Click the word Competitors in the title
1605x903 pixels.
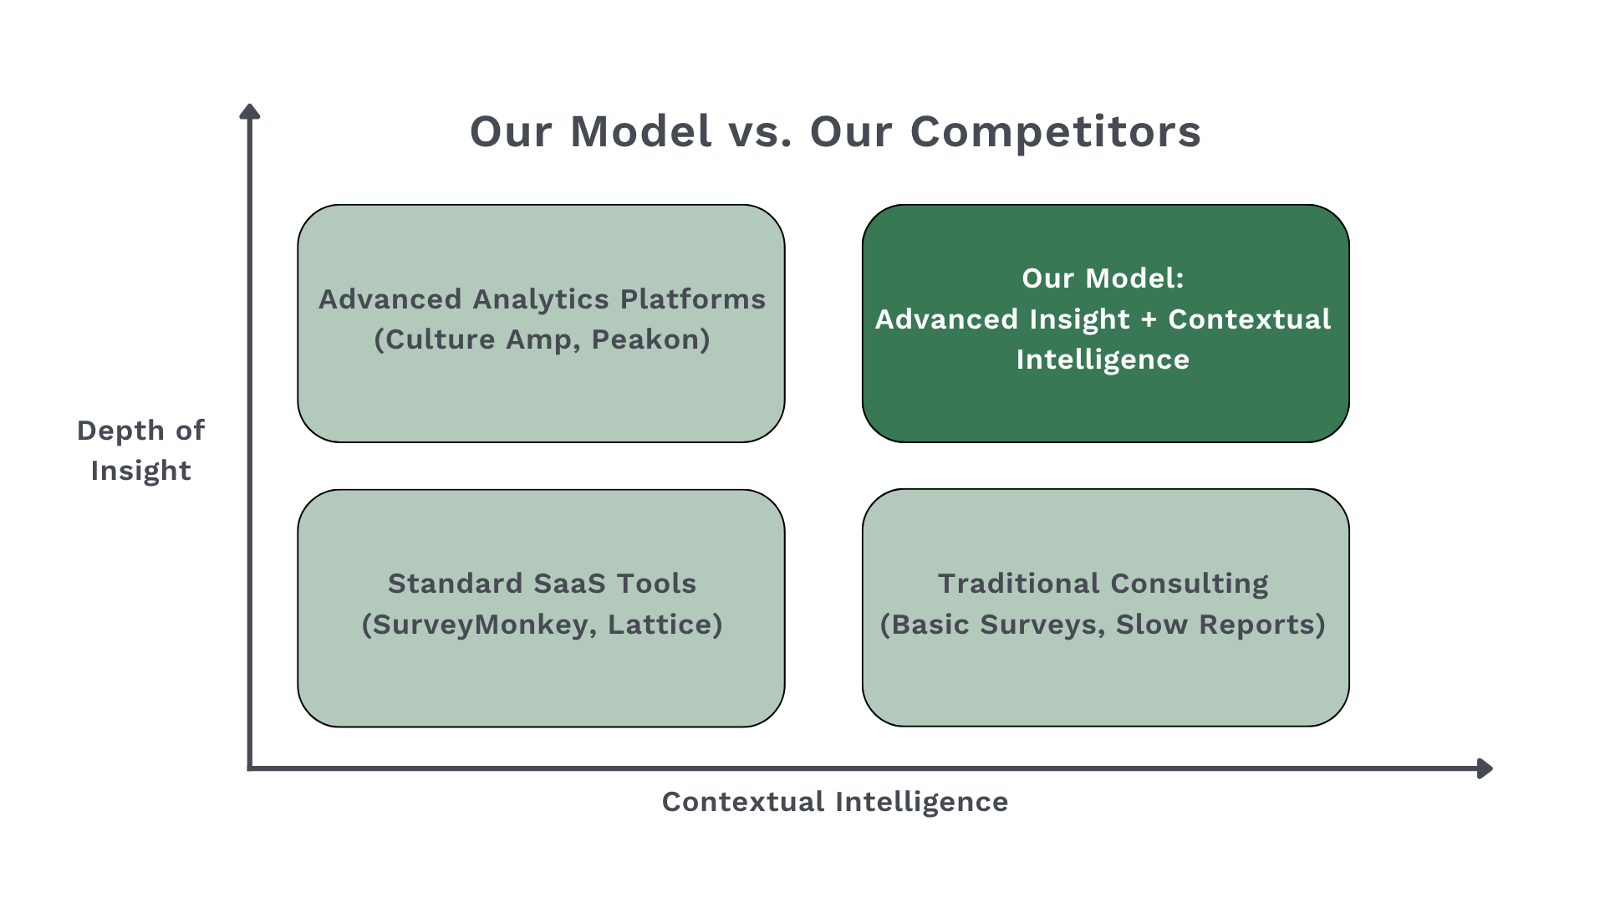[1055, 132]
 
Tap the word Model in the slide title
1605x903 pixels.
[640, 132]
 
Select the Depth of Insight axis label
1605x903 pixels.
[140, 450]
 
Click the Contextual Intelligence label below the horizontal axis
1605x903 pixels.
[834, 802]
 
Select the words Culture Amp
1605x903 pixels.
[479, 339]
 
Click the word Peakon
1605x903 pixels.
[650, 339]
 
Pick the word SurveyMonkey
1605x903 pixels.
[478, 625]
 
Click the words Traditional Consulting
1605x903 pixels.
[1102, 584]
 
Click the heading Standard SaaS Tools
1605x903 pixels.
[542, 584]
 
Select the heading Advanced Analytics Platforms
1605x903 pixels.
[542, 299]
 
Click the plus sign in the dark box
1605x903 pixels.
[1149, 319]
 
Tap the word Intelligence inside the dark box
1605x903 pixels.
[1102, 360]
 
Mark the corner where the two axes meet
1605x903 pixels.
[250, 768]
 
